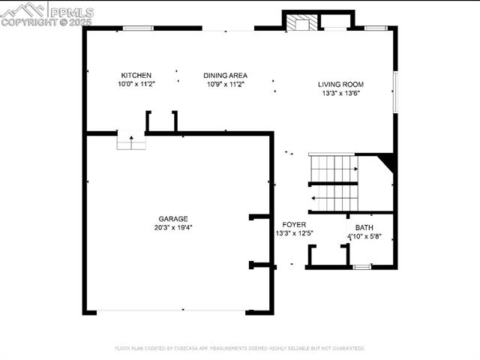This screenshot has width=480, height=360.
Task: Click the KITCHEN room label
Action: [x=136, y=75]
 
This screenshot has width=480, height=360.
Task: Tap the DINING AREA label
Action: [x=226, y=75]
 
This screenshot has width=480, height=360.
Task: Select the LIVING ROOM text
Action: [x=341, y=85]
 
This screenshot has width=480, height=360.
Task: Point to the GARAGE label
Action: [x=172, y=219]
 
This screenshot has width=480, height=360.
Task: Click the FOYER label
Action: [x=294, y=225]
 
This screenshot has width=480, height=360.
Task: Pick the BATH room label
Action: [x=364, y=227]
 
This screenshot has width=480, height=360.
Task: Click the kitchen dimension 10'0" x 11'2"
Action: [x=136, y=84]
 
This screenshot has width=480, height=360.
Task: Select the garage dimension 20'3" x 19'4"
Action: [x=172, y=228]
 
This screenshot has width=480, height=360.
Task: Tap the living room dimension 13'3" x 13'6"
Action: [x=341, y=94]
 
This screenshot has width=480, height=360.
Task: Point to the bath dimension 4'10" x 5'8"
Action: [x=364, y=236]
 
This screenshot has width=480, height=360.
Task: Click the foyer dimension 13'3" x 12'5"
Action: [x=294, y=233]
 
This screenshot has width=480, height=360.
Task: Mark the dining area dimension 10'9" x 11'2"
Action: [x=226, y=84]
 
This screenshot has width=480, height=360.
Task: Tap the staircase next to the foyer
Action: [x=334, y=183]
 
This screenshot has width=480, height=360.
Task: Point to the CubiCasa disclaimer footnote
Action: [x=240, y=348]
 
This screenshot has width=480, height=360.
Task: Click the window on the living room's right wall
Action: [x=394, y=91]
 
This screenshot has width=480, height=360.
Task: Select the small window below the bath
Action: [x=362, y=266]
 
